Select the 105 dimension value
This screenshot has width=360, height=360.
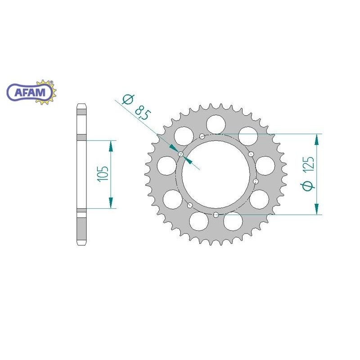pyautogui.click(x=103, y=174)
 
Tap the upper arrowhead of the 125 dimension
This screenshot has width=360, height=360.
pyautogui.click(x=318, y=140)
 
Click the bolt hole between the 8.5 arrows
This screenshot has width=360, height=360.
pyautogui.click(x=181, y=155)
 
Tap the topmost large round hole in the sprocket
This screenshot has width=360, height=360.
pyautogui.click(x=215, y=123)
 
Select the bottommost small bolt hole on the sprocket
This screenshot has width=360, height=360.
pyautogui.click(x=216, y=214)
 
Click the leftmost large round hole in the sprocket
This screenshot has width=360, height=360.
pyautogui.click(x=166, y=165)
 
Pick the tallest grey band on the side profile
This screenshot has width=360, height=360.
pyautogui.click(x=81, y=174)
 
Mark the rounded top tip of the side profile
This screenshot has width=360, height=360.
pyautogui.click(x=81, y=106)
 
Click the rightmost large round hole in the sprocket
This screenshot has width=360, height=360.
pyautogui.click(x=266, y=165)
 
